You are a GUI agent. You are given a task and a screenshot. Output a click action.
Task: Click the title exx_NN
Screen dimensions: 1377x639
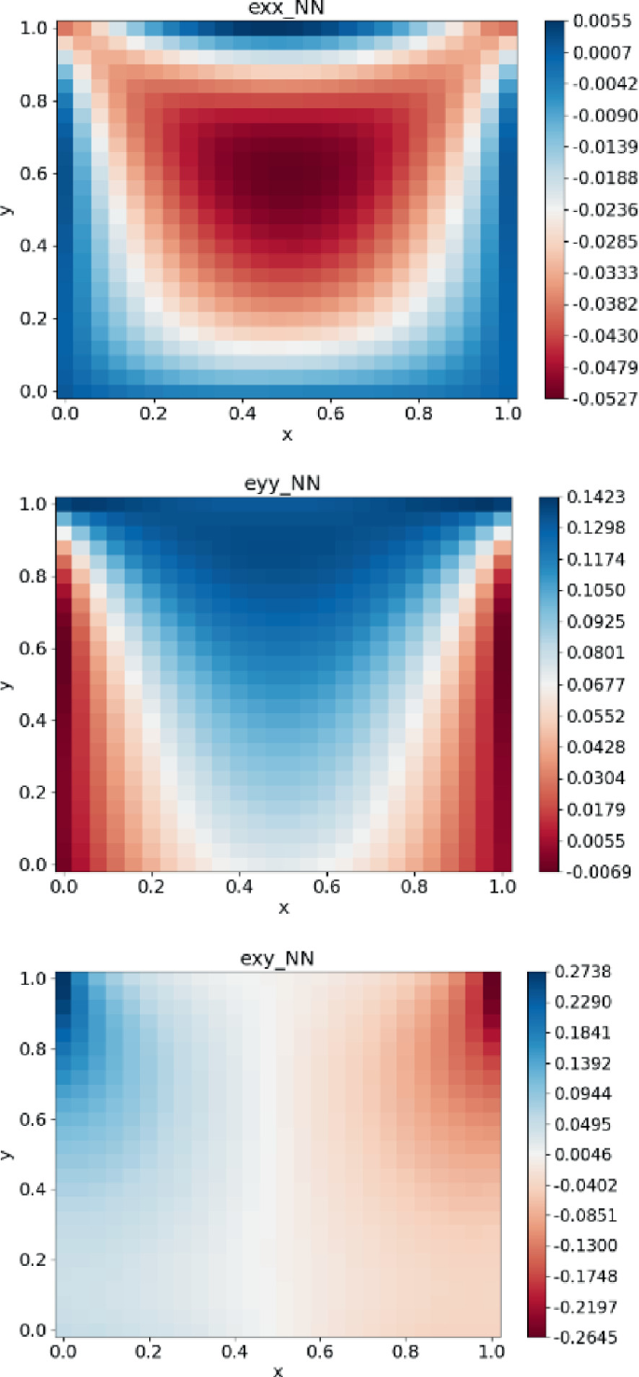click(287, 9)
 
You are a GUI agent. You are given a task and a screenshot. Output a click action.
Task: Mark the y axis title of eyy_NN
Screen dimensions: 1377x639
click(8, 684)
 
